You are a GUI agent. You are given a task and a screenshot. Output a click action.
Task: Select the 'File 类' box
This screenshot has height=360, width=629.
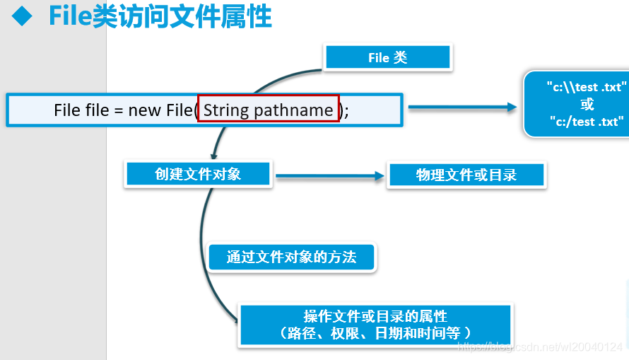[x=387, y=58]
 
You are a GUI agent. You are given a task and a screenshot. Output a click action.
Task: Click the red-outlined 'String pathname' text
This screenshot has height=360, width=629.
[x=268, y=110]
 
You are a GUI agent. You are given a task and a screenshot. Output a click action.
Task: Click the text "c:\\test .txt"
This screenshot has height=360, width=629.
[x=587, y=87]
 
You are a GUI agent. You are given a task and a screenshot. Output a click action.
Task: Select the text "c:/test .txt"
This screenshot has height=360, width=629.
[x=587, y=122]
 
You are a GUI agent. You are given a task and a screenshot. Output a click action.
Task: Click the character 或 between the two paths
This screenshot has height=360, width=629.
[x=587, y=105]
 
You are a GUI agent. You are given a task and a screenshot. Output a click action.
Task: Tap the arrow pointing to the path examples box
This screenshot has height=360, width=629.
[x=463, y=108]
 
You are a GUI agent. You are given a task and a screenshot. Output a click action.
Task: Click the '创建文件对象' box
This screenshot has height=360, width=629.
[x=198, y=174]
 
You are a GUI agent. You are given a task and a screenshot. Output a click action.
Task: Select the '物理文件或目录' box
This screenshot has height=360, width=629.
[x=466, y=175]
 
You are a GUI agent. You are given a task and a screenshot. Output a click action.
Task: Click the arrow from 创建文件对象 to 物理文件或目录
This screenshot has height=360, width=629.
[x=329, y=176]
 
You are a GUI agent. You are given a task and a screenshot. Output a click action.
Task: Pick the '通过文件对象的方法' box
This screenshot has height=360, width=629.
[x=291, y=257]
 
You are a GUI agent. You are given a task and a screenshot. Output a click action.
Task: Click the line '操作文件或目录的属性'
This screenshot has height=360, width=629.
[x=375, y=316]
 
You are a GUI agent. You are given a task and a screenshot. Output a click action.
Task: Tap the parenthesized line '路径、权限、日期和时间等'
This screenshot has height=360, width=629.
[x=375, y=332]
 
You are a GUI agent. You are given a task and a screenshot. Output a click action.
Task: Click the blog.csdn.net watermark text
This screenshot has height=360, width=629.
[x=541, y=347]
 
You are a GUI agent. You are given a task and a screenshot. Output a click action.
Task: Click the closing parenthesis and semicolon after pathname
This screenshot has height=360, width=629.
[x=344, y=110]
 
